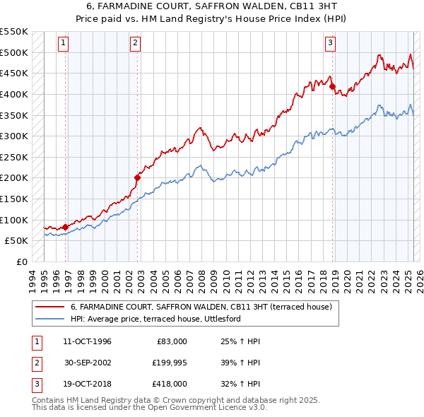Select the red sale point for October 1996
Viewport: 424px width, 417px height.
65,227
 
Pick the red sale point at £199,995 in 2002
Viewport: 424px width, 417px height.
137,177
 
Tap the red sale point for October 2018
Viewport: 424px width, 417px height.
332,86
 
